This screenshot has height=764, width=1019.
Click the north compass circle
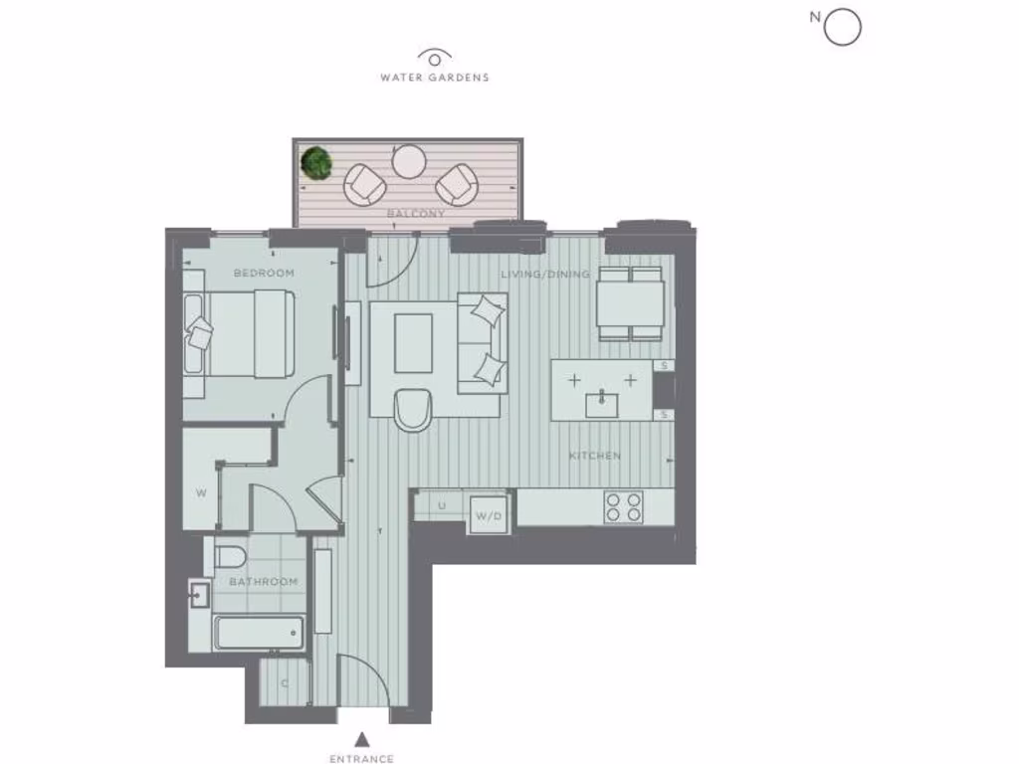tap(842, 28)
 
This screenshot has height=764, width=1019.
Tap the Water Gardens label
tap(435, 77)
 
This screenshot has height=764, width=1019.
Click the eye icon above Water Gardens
tap(435, 57)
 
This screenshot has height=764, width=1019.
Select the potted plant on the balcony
tap(317, 161)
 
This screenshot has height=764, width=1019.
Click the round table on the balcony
tap(409, 160)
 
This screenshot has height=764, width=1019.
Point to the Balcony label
tap(417, 213)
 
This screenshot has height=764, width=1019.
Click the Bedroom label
tap(264, 273)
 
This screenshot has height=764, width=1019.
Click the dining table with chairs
tap(631, 303)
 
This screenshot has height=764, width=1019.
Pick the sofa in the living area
tap(482, 341)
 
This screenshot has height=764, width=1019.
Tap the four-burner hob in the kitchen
tap(622, 507)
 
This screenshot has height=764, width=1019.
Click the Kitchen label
tap(594, 456)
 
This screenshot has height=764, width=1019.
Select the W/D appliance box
tap(488, 515)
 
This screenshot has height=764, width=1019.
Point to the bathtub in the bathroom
tap(258, 633)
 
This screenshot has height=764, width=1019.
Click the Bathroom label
tap(264, 581)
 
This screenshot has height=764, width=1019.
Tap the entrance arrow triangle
tap(363, 738)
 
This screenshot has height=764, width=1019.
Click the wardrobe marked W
tap(201, 491)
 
